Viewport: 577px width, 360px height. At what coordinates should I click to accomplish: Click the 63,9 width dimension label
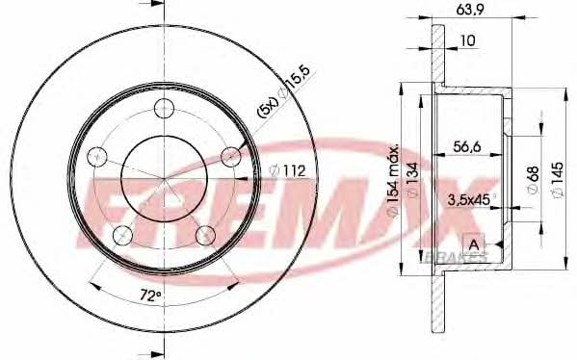(469, 10)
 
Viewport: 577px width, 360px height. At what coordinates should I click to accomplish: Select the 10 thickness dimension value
(468, 40)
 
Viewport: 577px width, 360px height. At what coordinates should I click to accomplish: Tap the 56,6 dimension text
(467, 146)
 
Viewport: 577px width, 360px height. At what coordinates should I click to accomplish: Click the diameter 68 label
(534, 179)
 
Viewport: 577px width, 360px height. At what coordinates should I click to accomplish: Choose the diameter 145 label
(558, 179)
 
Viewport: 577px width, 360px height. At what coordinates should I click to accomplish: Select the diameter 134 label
(413, 180)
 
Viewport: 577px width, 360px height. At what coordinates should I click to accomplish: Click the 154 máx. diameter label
(393, 180)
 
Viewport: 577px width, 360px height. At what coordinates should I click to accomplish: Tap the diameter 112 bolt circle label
(287, 170)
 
